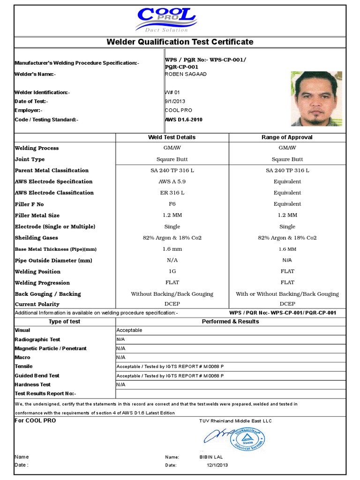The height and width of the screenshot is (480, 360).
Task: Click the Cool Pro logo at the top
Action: (x=166, y=20)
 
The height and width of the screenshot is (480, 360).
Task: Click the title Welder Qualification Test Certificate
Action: (x=180, y=42)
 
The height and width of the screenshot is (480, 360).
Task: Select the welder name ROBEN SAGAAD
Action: (x=186, y=74)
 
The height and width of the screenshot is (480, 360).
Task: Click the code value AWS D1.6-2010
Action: (x=184, y=120)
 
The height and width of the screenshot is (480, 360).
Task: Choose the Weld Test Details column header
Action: (x=172, y=137)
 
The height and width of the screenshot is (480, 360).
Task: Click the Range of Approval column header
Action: (x=287, y=137)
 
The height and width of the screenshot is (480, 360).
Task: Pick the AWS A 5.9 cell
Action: (x=172, y=182)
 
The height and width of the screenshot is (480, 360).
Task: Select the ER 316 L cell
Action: (x=172, y=193)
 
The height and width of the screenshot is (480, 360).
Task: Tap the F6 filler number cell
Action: (x=172, y=204)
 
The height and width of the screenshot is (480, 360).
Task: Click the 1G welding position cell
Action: (x=172, y=272)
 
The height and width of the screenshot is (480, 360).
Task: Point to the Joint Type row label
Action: (x=30, y=159)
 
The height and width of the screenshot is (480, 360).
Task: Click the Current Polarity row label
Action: (x=37, y=305)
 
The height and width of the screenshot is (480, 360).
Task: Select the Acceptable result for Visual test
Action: (x=129, y=330)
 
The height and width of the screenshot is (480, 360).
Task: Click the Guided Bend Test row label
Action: (x=37, y=375)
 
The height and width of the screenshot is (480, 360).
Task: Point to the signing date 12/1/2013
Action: (x=217, y=465)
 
